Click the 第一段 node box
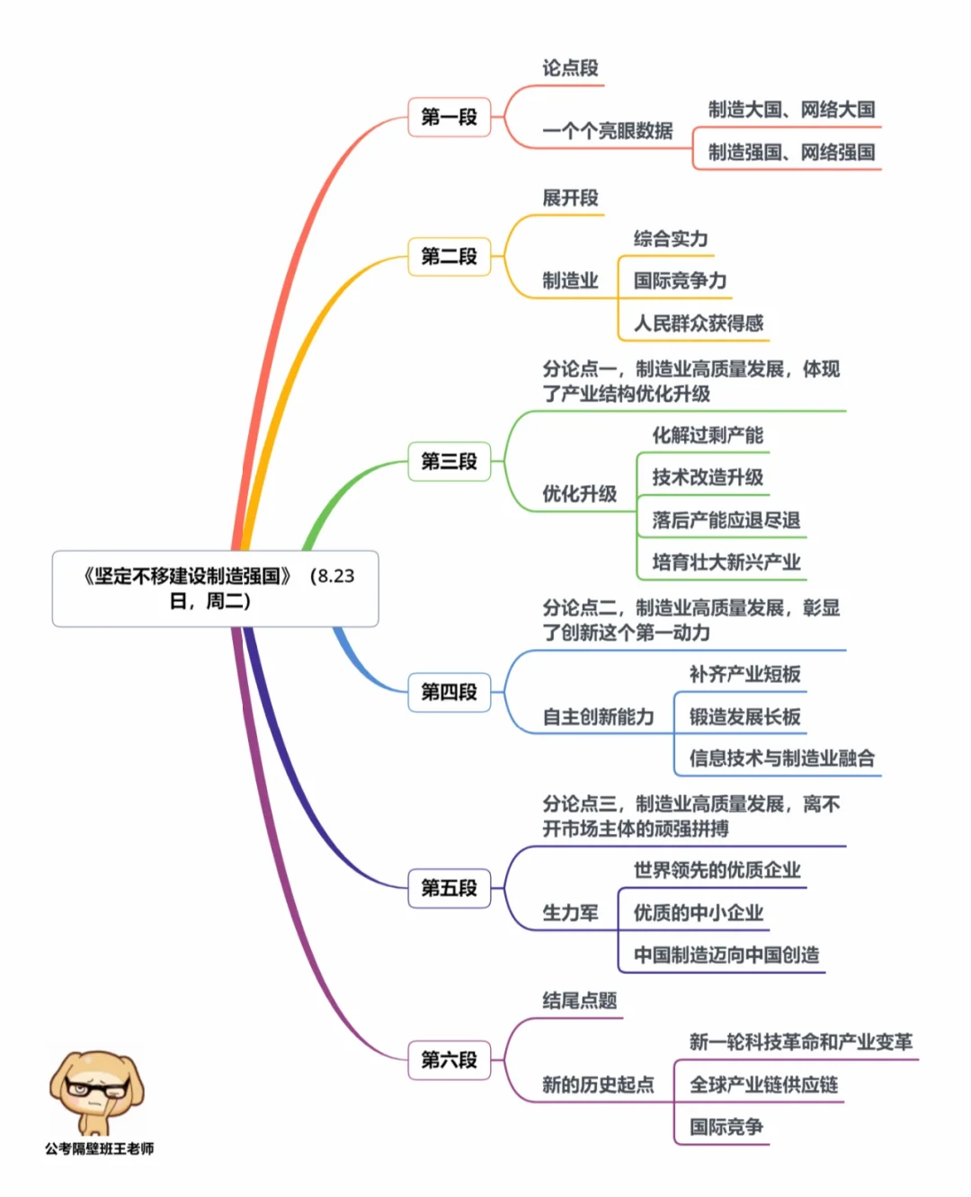(x=449, y=117)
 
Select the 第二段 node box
(x=449, y=256)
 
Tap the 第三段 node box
(x=449, y=461)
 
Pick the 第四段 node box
(x=449, y=692)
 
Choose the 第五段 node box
(x=449, y=888)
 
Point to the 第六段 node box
(x=449, y=1060)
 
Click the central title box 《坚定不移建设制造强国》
(x=216, y=589)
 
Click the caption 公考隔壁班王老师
(x=99, y=1148)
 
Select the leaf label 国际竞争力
(x=680, y=280)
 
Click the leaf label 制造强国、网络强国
(x=791, y=152)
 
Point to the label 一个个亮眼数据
(x=607, y=131)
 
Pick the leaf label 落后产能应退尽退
(x=726, y=519)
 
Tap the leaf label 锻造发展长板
(x=744, y=716)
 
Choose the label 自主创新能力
(x=598, y=716)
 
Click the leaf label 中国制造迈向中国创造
(x=726, y=954)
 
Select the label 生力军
(x=570, y=913)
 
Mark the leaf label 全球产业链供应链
(x=763, y=1085)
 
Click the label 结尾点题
(x=579, y=1000)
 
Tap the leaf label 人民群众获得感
(x=699, y=323)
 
